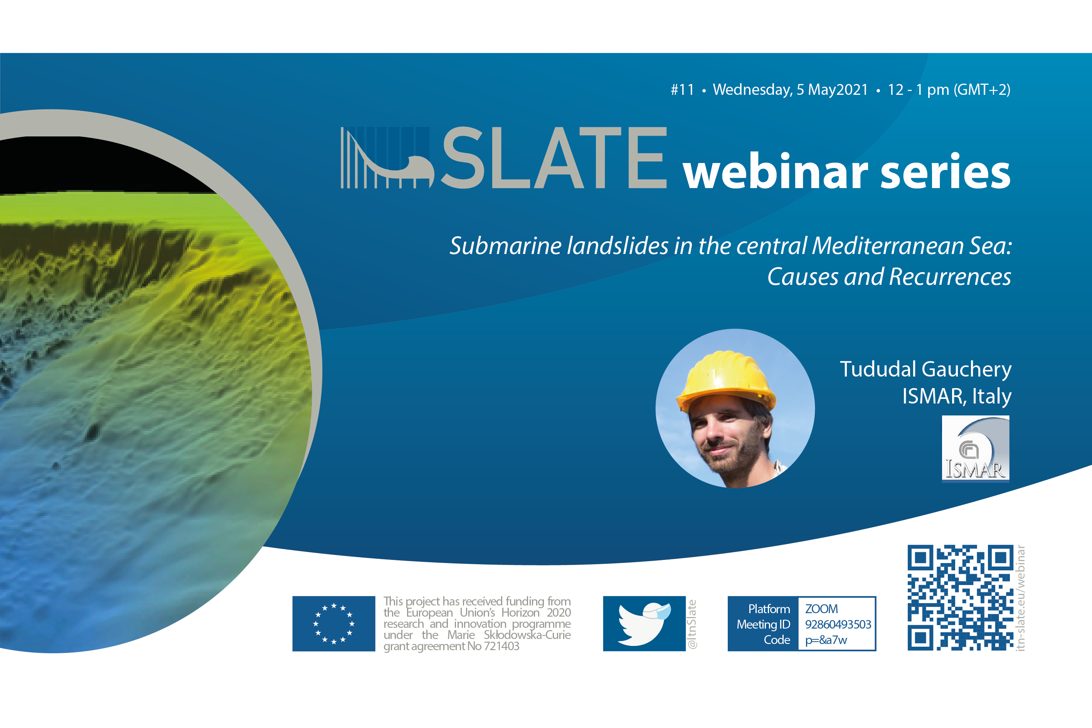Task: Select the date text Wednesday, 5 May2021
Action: tap(790, 90)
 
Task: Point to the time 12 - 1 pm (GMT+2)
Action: tap(949, 90)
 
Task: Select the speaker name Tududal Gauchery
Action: tap(926, 370)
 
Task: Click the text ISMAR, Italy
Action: tap(957, 396)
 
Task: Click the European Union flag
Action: tap(334, 624)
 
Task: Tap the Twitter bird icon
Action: tap(644, 624)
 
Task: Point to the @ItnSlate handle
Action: tap(692, 624)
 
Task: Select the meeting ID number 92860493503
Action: tap(838, 624)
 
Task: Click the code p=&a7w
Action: tap(826, 640)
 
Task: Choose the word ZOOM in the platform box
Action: tap(821, 609)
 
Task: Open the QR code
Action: tap(961, 597)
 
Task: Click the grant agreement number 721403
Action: tap(501, 646)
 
